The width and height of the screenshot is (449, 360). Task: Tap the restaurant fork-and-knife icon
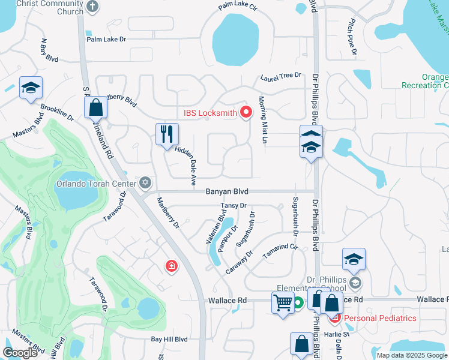[166, 134]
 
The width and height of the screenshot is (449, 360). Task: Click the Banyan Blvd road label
[226, 192]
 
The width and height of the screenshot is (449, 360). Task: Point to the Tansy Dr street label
[234, 206]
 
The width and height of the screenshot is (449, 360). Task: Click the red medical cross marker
[172, 266]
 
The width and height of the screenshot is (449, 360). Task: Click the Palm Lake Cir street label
[238, 7]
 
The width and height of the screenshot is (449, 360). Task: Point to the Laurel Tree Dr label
[280, 76]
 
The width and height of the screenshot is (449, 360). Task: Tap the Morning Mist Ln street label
[262, 119]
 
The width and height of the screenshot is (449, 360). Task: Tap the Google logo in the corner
[20, 353]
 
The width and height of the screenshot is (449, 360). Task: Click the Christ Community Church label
[49, 7]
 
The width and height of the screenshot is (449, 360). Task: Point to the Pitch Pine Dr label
[352, 38]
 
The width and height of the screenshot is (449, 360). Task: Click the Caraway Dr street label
[240, 263]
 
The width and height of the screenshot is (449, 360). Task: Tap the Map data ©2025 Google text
[412, 355]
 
